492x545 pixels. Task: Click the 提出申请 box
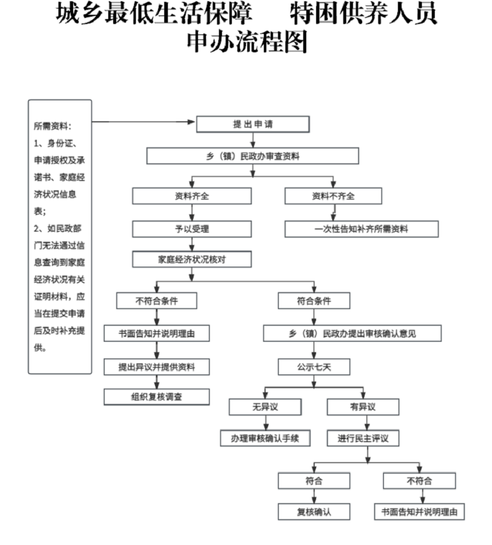tap(252, 124)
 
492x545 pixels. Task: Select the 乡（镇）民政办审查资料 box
tap(252, 156)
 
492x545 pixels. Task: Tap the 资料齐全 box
tap(192, 196)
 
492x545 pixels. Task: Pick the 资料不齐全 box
tap(333, 196)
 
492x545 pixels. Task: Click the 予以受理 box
tap(192, 229)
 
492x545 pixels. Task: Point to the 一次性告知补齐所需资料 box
tap(361, 229)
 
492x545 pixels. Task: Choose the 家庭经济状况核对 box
tap(192, 259)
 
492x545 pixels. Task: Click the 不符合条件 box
tap(157, 301)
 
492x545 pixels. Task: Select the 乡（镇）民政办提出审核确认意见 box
tap(352, 333)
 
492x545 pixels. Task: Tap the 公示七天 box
tap(314, 367)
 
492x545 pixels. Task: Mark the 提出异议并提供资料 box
tap(157, 367)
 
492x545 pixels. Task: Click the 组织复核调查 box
tap(157, 397)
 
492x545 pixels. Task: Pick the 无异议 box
tap(265, 407)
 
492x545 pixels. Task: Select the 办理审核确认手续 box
tap(265, 438)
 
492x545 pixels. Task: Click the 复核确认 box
tap(314, 511)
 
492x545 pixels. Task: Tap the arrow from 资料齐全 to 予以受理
tap(192, 213)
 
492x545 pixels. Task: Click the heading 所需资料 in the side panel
tap(52, 126)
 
